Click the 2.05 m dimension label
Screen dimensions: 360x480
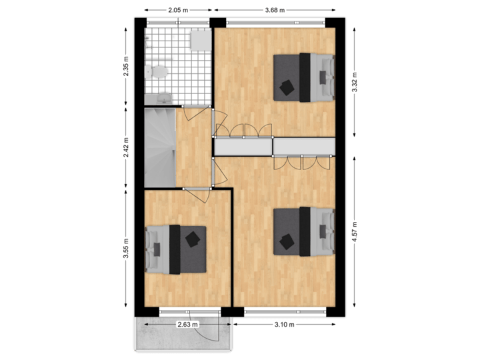[178, 10]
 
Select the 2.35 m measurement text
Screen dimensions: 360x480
[126, 67]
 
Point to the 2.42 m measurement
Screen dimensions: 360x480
[126, 147]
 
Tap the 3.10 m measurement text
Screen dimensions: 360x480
[285, 325]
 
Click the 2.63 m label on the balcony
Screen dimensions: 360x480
[187, 325]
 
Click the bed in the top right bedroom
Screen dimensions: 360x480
[304, 77]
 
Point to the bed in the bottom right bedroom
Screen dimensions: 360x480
[304, 231]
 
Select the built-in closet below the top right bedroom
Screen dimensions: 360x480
[303, 145]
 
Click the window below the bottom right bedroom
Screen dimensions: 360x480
[285, 311]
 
